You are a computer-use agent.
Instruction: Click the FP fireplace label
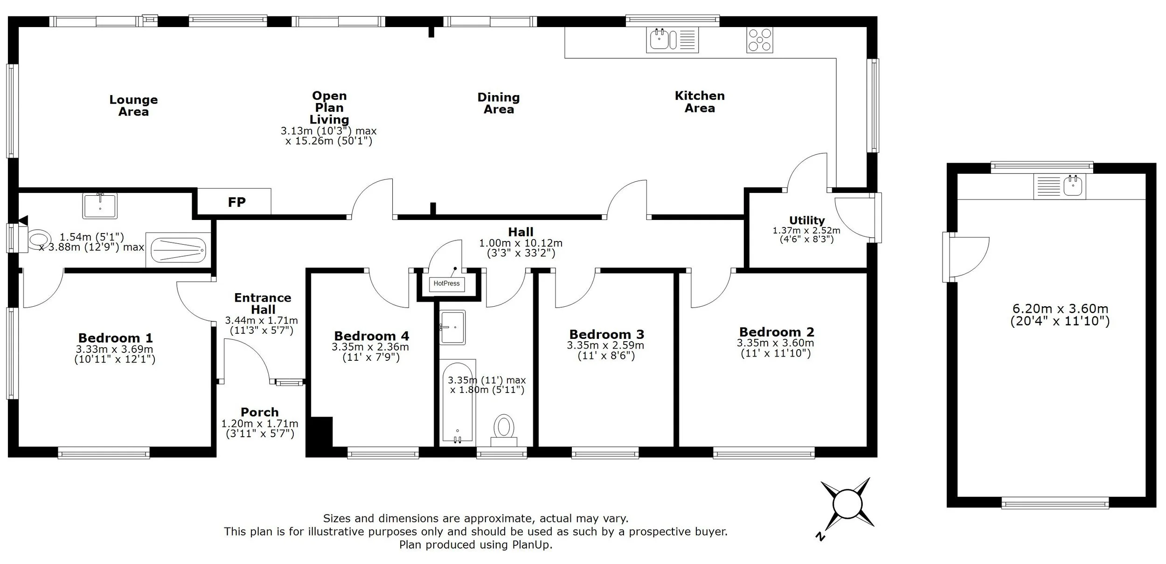click(x=236, y=202)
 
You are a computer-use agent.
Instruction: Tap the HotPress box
click(x=446, y=283)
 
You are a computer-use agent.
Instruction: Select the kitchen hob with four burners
click(x=759, y=40)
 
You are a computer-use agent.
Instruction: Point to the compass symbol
click(x=847, y=504)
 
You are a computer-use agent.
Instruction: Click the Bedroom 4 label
click(x=371, y=336)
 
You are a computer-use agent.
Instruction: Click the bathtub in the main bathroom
click(x=458, y=403)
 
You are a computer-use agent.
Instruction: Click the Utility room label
click(x=807, y=220)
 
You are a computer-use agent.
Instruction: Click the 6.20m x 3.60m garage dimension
click(x=1059, y=309)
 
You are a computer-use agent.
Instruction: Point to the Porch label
click(x=259, y=412)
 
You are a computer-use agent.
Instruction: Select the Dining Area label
click(x=498, y=103)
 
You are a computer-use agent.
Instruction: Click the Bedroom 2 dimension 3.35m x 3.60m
click(x=775, y=343)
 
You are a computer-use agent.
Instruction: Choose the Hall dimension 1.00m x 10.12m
click(x=521, y=243)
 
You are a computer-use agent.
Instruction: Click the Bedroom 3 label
click(x=606, y=334)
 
